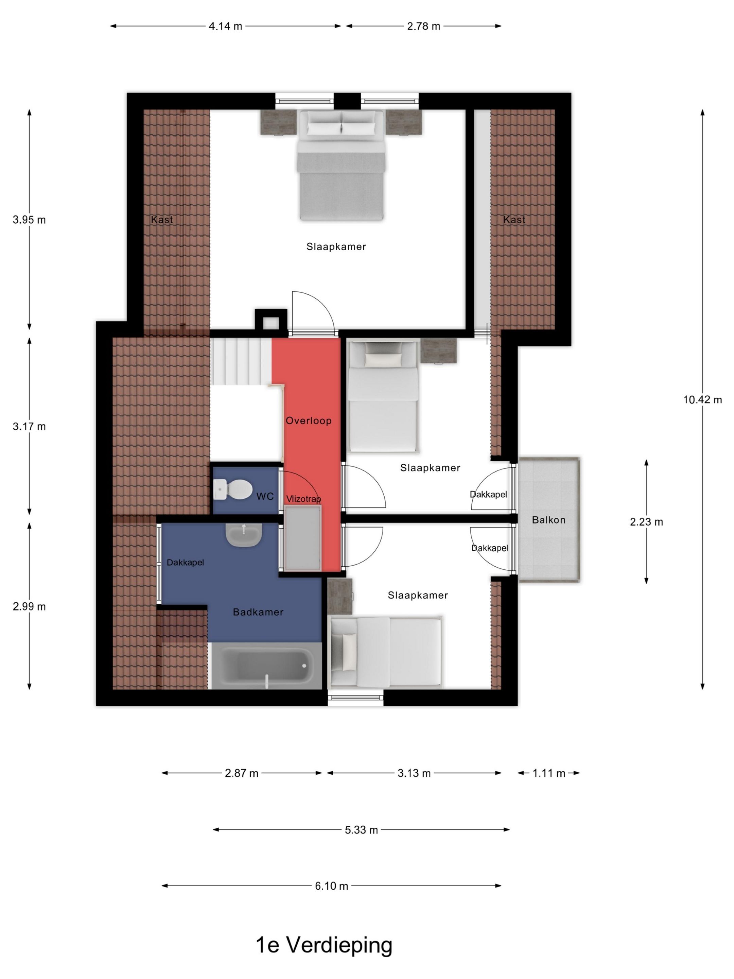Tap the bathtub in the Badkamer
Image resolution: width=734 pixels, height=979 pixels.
pyautogui.click(x=265, y=665)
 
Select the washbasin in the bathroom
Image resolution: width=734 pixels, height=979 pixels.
pyautogui.click(x=243, y=534)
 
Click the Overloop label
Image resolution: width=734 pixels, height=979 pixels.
pyautogui.click(x=308, y=420)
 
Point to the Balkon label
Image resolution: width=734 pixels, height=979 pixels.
pyautogui.click(x=548, y=520)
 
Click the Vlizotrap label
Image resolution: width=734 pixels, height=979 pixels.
pyautogui.click(x=303, y=499)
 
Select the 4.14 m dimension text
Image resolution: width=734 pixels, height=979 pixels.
pyautogui.click(x=225, y=26)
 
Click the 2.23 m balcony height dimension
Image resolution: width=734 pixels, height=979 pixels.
pyautogui.click(x=646, y=522)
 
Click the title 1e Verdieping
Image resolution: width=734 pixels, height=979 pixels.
pyautogui.click(x=324, y=945)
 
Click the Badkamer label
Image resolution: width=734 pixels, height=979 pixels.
pyautogui.click(x=258, y=612)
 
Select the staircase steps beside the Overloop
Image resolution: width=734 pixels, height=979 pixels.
pyautogui.click(x=241, y=362)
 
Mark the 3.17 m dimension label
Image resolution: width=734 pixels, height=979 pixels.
pyautogui.click(x=29, y=427)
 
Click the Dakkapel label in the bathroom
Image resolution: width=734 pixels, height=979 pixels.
pyautogui.click(x=186, y=563)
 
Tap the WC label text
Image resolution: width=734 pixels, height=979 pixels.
pyautogui.click(x=265, y=497)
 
